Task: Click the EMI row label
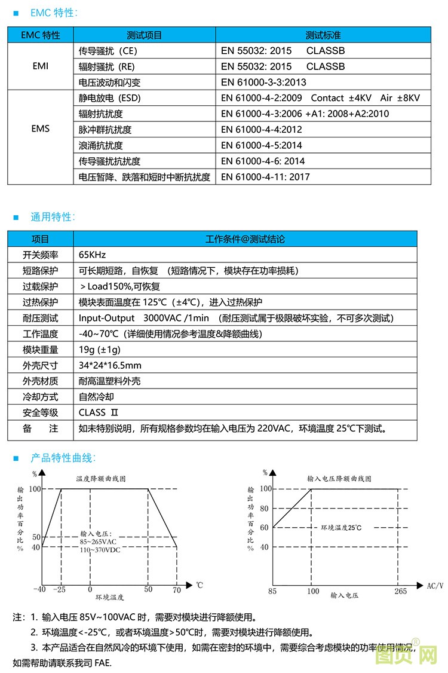coord(41,66)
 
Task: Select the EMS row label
coord(41,129)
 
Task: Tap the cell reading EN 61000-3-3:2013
coord(263,82)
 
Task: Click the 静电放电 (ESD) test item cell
coord(110,98)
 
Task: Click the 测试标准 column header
coord(323,35)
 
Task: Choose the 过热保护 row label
coord(41,302)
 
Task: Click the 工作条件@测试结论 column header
coord(245,239)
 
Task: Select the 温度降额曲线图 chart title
coord(101,479)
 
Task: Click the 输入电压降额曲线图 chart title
coord(339,479)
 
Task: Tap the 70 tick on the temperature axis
coord(177,589)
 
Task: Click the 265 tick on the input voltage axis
coord(400,591)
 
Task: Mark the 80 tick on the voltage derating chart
coord(265,509)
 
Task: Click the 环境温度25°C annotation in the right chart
coord(342,528)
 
